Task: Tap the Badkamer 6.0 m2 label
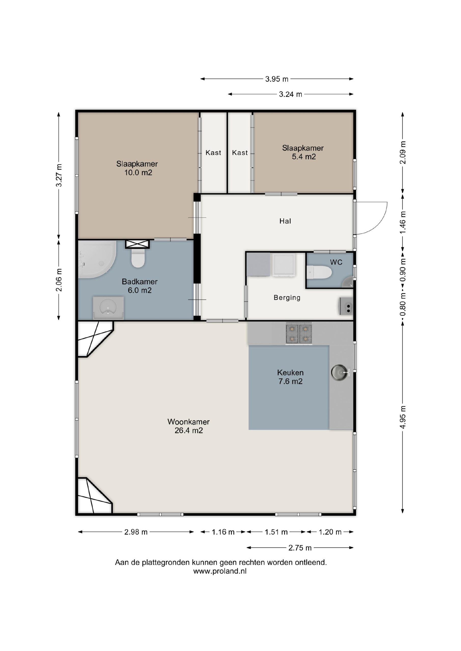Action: pyautogui.click(x=140, y=286)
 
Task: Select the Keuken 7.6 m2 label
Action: pyautogui.click(x=290, y=377)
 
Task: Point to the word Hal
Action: pyautogui.click(x=285, y=221)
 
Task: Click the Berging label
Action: pyautogui.click(x=287, y=298)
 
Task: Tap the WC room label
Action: pyautogui.click(x=336, y=262)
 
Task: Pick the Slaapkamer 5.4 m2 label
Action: pyautogui.click(x=303, y=152)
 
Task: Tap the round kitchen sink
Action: pyautogui.click(x=340, y=372)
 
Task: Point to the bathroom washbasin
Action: pyautogui.click(x=108, y=308)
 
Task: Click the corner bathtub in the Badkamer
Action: pyautogui.click(x=97, y=259)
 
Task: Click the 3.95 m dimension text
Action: pyautogui.click(x=277, y=79)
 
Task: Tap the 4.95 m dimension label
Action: pyautogui.click(x=403, y=417)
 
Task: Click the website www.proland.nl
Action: pyautogui.click(x=220, y=571)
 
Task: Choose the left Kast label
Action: pyautogui.click(x=213, y=153)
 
